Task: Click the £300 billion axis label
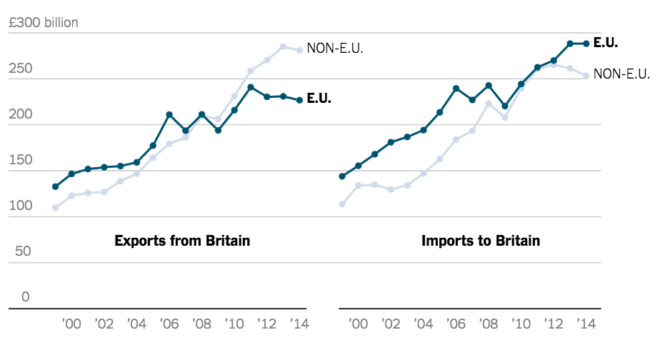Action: (43, 23)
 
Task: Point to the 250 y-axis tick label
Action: (21, 69)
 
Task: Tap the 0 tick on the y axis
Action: (26, 296)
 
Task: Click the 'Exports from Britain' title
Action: (182, 241)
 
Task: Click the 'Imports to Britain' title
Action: (480, 241)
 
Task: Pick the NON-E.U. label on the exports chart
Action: (336, 49)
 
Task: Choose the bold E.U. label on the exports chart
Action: (319, 99)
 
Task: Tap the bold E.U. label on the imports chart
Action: (606, 43)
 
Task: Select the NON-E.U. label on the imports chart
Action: (621, 74)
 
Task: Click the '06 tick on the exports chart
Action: (169, 324)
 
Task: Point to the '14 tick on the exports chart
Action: (299, 324)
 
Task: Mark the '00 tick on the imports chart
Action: (359, 324)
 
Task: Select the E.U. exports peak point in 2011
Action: (251, 87)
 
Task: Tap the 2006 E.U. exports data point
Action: (169, 114)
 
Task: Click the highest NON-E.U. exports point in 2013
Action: (284, 47)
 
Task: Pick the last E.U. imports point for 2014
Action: (586, 44)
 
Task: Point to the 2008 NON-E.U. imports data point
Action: (489, 104)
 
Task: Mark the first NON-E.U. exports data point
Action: (55, 208)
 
